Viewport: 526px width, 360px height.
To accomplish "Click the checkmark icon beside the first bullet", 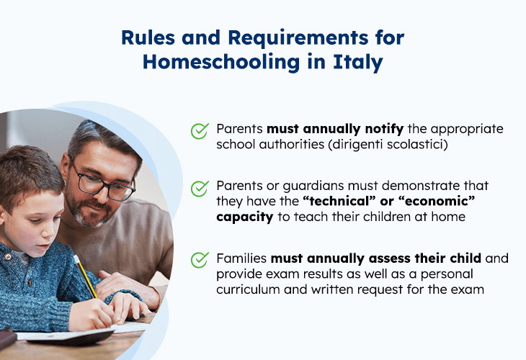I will coord(200,131).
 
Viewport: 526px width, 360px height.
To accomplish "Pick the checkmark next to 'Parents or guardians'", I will coord(200,189).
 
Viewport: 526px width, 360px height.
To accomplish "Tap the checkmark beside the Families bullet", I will coord(200,259).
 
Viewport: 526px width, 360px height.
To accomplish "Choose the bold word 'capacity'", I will coord(244,217).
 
